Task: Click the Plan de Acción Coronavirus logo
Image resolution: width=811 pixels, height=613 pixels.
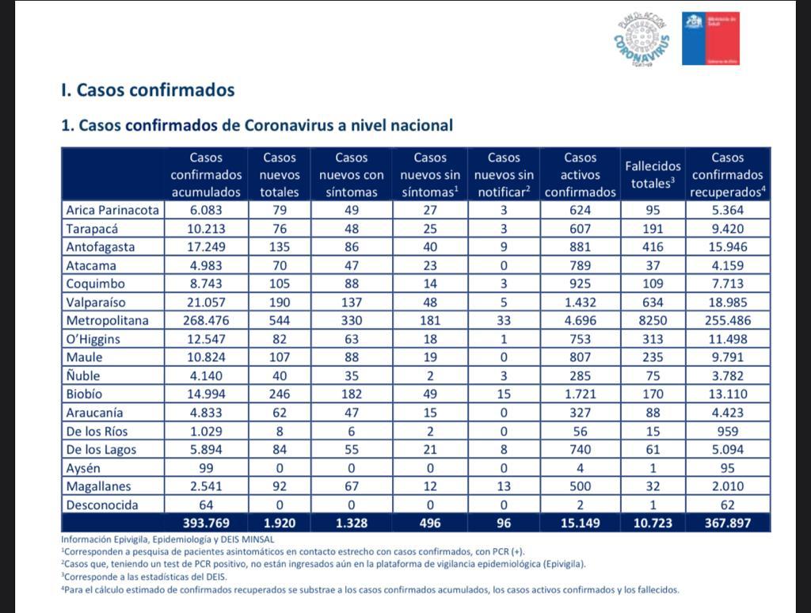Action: point(642,40)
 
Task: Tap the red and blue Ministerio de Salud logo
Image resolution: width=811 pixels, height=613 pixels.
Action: point(710,38)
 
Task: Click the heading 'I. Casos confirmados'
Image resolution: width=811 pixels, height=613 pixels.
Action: point(148,90)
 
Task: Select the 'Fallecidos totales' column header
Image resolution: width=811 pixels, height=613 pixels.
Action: point(653,175)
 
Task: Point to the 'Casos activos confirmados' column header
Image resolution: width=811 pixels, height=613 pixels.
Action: point(580,175)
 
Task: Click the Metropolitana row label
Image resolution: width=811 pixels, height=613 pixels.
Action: point(107,320)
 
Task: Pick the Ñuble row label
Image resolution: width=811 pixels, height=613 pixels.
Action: point(83,375)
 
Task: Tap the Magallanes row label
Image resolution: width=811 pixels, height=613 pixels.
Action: point(98,485)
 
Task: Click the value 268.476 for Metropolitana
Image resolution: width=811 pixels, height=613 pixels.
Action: point(206,320)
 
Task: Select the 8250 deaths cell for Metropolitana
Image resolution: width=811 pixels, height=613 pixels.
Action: point(653,320)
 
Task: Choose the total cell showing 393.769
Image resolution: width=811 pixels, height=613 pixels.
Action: point(206,523)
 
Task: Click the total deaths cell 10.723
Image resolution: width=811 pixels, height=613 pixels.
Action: point(653,523)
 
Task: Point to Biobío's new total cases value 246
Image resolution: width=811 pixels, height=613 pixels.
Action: point(280,394)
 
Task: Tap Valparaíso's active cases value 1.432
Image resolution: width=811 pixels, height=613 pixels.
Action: point(580,302)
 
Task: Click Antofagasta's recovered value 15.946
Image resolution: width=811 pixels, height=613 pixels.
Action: point(727,246)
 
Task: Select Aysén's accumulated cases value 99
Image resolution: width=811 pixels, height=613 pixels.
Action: point(206,467)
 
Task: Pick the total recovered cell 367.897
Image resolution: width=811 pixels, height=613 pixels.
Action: point(727,523)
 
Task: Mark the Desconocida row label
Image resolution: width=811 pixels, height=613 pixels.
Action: point(102,504)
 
